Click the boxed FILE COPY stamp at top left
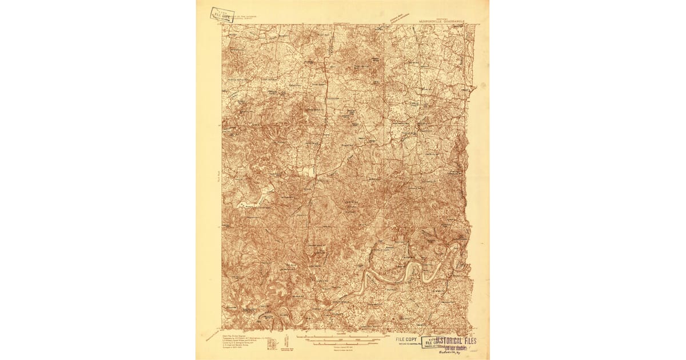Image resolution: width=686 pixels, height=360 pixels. pyautogui.click(x=222, y=14)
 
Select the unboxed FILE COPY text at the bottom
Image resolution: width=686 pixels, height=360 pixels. pyautogui.click(x=407, y=339)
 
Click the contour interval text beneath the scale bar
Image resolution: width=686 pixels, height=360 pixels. pyautogui.click(x=343, y=346)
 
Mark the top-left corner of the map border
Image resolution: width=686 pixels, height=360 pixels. pyautogui.click(x=222, y=25)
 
